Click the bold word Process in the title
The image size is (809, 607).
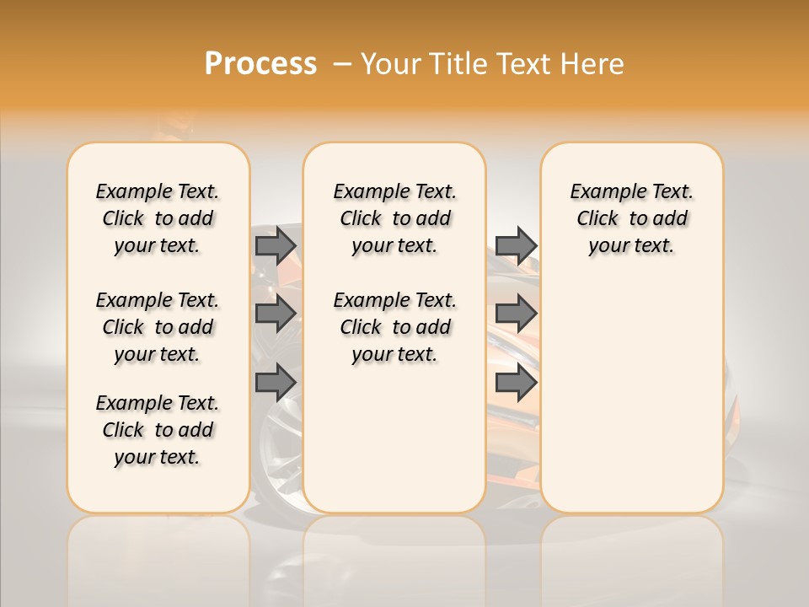[260, 64]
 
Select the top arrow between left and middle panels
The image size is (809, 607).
[276, 245]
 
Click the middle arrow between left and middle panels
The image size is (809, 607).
[276, 314]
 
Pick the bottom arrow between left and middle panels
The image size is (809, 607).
[276, 382]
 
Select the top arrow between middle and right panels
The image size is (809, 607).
[516, 245]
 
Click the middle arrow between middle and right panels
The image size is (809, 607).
[516, 314]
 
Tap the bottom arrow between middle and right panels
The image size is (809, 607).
[516, 382]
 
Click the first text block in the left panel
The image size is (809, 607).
[158, 218]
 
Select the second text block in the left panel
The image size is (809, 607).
[158, 327]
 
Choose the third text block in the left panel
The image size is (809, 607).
[158, 430]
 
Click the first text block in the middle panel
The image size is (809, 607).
[394, 218]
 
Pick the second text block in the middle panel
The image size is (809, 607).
[394, 327]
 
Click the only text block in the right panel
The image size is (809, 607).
[631, 218]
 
